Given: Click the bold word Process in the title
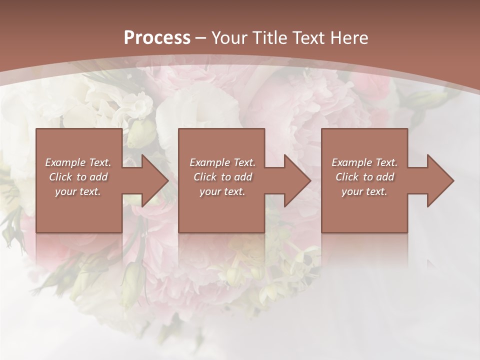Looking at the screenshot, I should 157,38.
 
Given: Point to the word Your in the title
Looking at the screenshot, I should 229,38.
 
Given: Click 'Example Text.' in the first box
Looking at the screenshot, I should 78,162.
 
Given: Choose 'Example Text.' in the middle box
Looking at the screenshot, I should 222,162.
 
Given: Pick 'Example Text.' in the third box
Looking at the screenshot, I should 364,162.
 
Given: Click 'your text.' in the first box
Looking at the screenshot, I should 78,191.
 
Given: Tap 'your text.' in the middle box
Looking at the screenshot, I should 222,191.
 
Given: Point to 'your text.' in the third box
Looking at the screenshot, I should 364,191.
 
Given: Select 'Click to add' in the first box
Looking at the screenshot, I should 78,177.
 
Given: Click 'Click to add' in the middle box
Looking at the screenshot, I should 222,177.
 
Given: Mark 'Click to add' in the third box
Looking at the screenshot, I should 364,177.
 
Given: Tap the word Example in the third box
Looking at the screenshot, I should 352,162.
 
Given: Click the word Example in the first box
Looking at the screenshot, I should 65,162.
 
